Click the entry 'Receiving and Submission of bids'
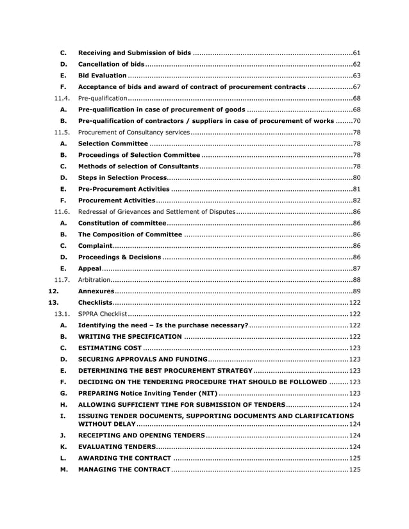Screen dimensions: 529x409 click(x=135, y=52)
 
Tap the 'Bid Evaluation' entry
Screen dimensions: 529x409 click(x=102, y=76)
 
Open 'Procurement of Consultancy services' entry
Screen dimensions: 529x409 click(x=133, y=133)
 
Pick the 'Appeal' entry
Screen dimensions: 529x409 click(x=89, y=268)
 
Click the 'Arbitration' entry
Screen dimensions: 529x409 click(x=94, y=280)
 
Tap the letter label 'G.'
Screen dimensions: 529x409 click(x=63, y=393)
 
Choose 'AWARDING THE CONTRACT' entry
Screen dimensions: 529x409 click(x=124, y=458)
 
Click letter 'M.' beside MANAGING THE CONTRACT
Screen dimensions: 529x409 click(x=63, y=469)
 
